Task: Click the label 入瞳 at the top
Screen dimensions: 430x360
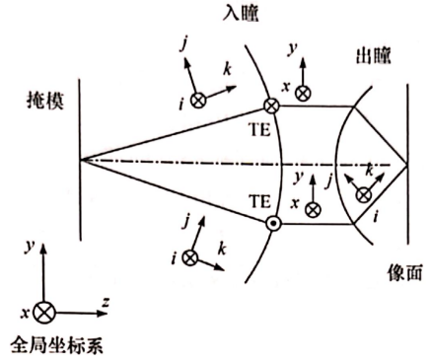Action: (241, 14)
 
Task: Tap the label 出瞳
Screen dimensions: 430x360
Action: (374, 56)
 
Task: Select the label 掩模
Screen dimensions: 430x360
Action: (45, 101)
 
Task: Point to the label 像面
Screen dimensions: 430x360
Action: (404, 272)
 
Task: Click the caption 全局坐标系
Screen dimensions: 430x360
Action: (56, 345)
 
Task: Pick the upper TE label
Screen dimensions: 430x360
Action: (260, 130)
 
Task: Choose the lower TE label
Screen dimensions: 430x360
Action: (260, 201)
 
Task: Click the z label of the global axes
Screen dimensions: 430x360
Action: (106, 302)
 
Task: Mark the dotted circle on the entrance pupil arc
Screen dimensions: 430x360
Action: (273, 224)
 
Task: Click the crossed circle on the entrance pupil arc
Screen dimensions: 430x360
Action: (271, 106)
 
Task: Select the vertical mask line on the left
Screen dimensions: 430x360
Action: (80, 159)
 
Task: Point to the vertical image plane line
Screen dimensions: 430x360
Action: (408, 164)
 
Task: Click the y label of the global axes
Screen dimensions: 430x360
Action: (30, 246)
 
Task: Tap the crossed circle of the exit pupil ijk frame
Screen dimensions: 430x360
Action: (364, 195)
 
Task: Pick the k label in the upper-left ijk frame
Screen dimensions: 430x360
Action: (228, 69)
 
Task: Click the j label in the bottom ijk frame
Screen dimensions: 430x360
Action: (186, 221)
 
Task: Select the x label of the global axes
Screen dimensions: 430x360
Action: (25, 314)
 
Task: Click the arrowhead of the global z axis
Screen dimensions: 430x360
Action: (103, 313)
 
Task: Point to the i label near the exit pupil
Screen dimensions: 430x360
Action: (376, 216)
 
